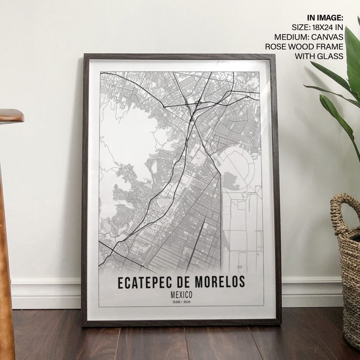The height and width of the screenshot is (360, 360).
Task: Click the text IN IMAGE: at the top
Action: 325,18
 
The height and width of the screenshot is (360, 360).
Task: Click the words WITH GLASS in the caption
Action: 319,56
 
